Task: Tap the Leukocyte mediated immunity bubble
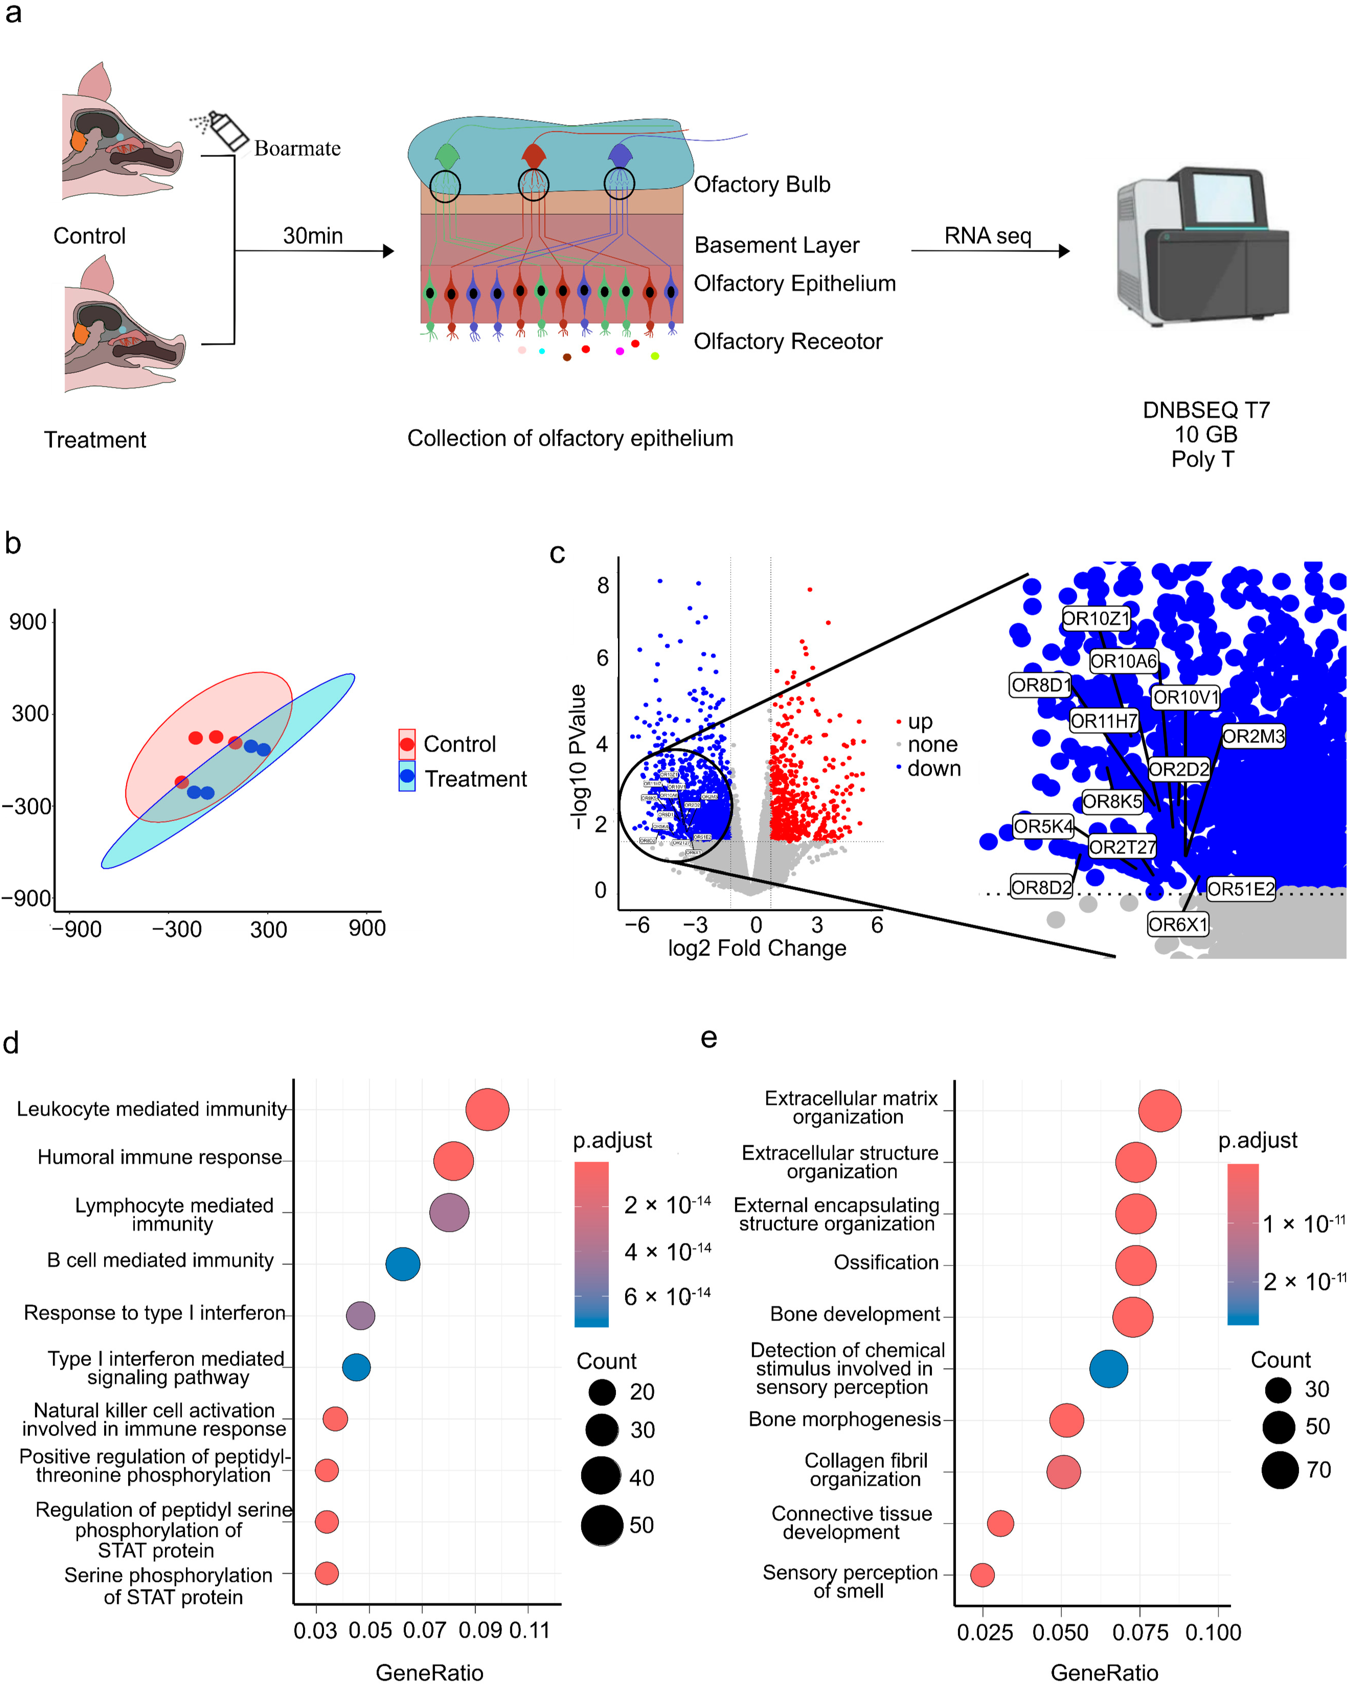(x=487, y=1109)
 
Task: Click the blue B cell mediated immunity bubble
(x=403, y=1264)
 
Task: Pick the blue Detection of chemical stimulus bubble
(x=1109, y=1369)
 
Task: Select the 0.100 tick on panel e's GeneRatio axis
(x=1213, y=1632)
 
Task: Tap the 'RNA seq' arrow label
(x=988, y=235)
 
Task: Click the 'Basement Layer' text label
(x=776, y=245)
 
